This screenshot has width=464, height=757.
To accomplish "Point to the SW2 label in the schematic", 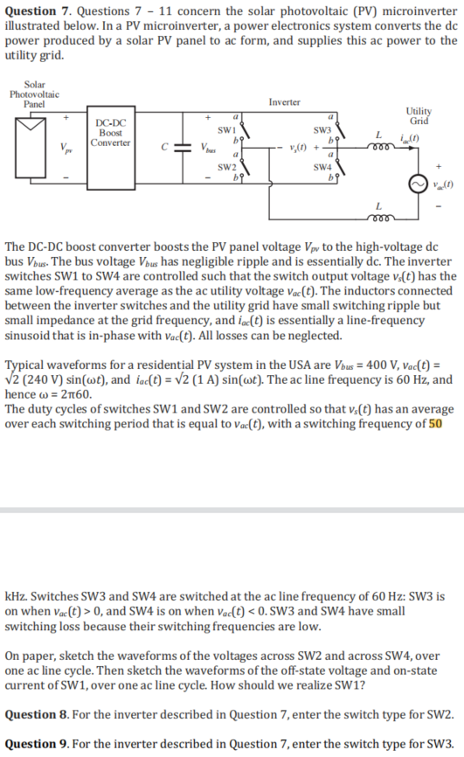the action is [x=223, y=167].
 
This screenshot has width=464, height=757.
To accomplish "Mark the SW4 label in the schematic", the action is [x=322, y=167].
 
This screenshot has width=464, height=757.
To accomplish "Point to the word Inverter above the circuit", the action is [x=285, y=102].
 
